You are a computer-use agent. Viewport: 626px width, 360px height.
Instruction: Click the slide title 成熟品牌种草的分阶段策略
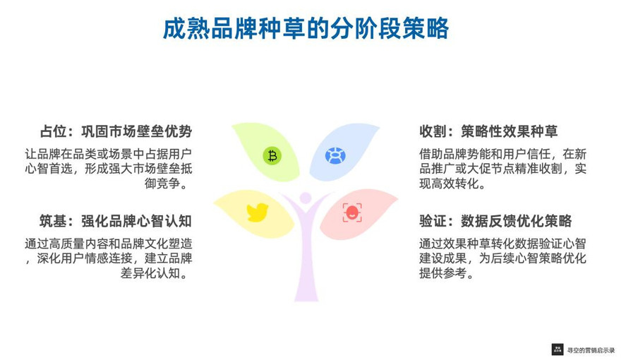tap(306, 28)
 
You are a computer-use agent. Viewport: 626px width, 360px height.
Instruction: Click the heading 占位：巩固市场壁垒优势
tap(116, 131)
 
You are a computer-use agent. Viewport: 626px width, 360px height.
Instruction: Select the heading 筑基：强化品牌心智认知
tap(116, 221)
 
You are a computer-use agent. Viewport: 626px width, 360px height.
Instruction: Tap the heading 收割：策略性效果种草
tap(488, 131)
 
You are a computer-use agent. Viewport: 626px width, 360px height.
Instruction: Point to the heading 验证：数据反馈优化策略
tap(495, 221)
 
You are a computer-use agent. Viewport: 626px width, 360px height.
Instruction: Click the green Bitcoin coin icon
tap(272, 156)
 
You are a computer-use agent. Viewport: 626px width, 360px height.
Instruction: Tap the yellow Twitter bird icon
tap(258, 212)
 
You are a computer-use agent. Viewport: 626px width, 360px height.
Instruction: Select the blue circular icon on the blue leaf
tap(335, 155)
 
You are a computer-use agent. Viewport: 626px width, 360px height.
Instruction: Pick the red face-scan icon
tap(352, 212)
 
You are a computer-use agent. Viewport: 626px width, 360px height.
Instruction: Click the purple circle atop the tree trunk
tap(306, 198)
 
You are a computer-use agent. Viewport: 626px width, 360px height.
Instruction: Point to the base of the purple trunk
tap(306, 299)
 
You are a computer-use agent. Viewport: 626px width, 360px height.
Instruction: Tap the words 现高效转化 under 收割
tap(449, 184)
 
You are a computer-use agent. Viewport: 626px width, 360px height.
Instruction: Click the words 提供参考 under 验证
tap(443, 273)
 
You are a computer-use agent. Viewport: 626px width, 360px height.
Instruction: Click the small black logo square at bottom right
tap(558, 349)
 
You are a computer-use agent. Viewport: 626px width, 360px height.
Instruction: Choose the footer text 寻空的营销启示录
tap(591, 350)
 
